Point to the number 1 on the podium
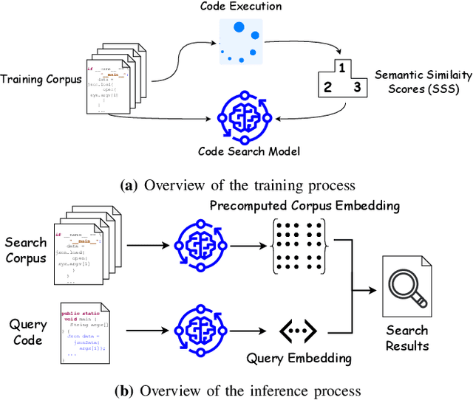[x=341, y=67]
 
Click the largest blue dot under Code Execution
[x=239, y=28]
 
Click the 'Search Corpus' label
[x=26, y=249]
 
